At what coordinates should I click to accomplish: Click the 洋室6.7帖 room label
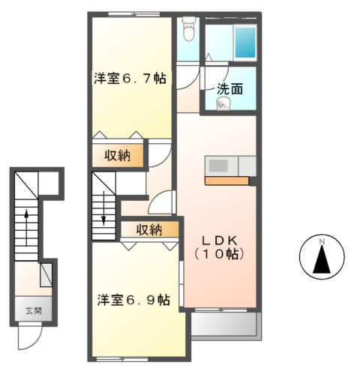click(130, 78)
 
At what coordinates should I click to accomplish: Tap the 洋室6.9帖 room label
click(133, 300)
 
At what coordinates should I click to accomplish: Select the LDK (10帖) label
click(221, 247)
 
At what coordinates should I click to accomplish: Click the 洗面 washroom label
click(229, 88)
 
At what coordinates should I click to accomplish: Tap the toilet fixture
click(188, 31)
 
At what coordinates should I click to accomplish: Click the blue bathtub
click(245, 43)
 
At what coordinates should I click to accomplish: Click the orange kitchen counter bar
click(228, 181)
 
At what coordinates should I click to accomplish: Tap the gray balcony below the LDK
click(225, 324)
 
